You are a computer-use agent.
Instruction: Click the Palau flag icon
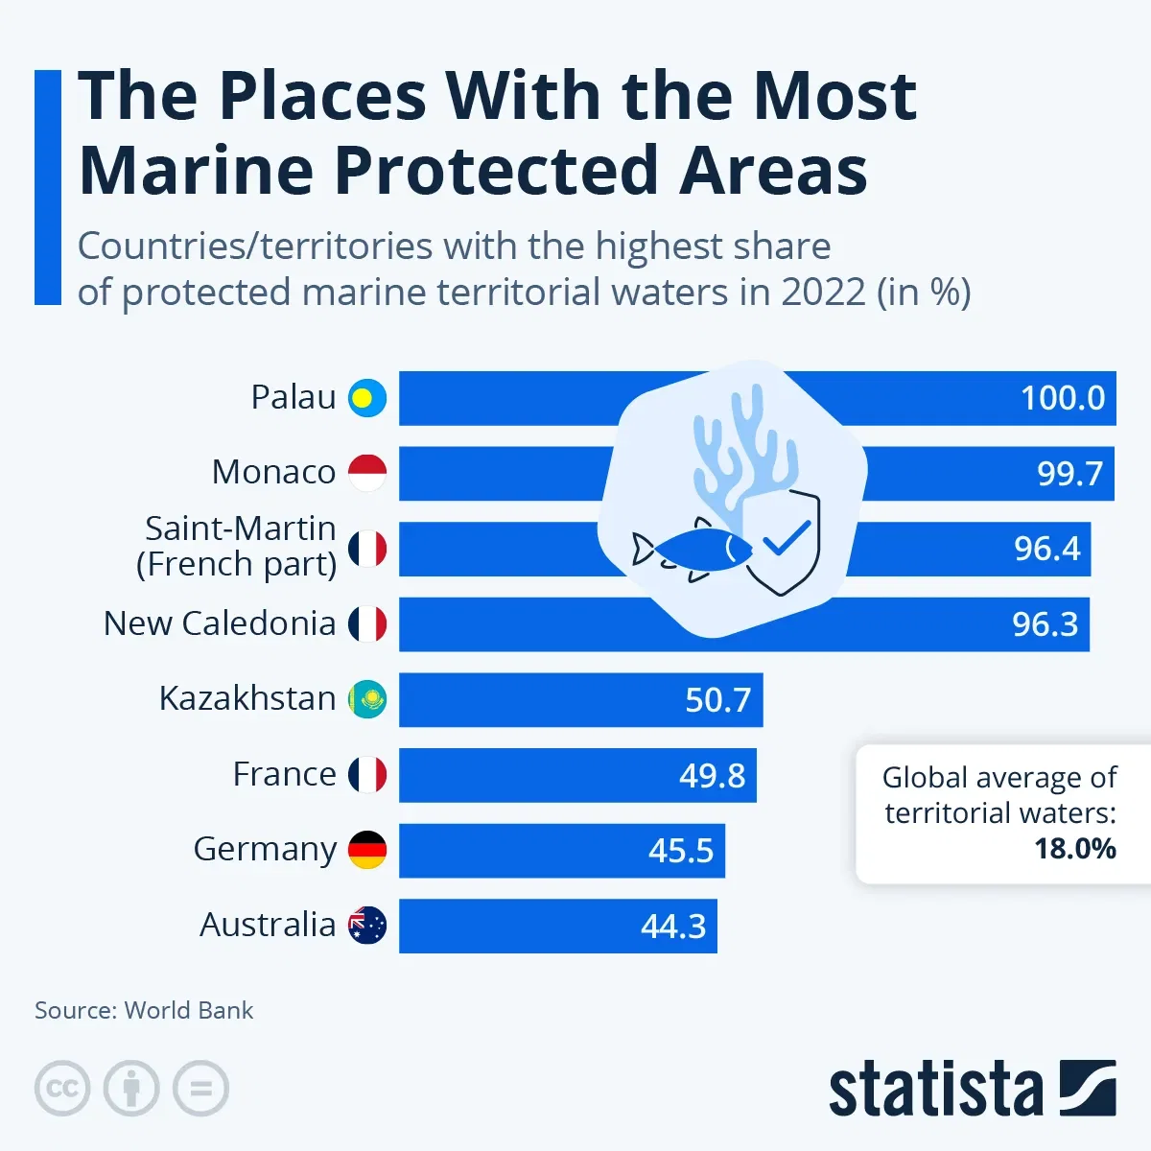tap(366, 397)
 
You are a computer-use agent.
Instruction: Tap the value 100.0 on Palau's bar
tap(1062, 398)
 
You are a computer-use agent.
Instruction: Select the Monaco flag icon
tap(366, 473)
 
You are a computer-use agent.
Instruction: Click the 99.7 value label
tap(1069, 474)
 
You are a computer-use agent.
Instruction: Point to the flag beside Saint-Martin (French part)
tap(366, 548)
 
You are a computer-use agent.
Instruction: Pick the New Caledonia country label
tap(219, 623)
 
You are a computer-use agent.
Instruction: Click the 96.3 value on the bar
tap(1045, 624)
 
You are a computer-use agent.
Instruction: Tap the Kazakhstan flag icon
tap(366, 699)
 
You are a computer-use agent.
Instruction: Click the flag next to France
tap(366, 774)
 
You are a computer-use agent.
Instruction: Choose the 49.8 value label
tap(712, 776)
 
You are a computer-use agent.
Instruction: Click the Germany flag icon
tap(366, 850)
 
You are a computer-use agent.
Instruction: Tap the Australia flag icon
tap(366, 926)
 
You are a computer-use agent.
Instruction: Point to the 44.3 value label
tap(672, 927)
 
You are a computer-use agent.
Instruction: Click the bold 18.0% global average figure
tap(1074, 849)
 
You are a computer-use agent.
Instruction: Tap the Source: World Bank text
tap(144, 1010)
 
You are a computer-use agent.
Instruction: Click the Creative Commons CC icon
tap(62, 1089)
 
